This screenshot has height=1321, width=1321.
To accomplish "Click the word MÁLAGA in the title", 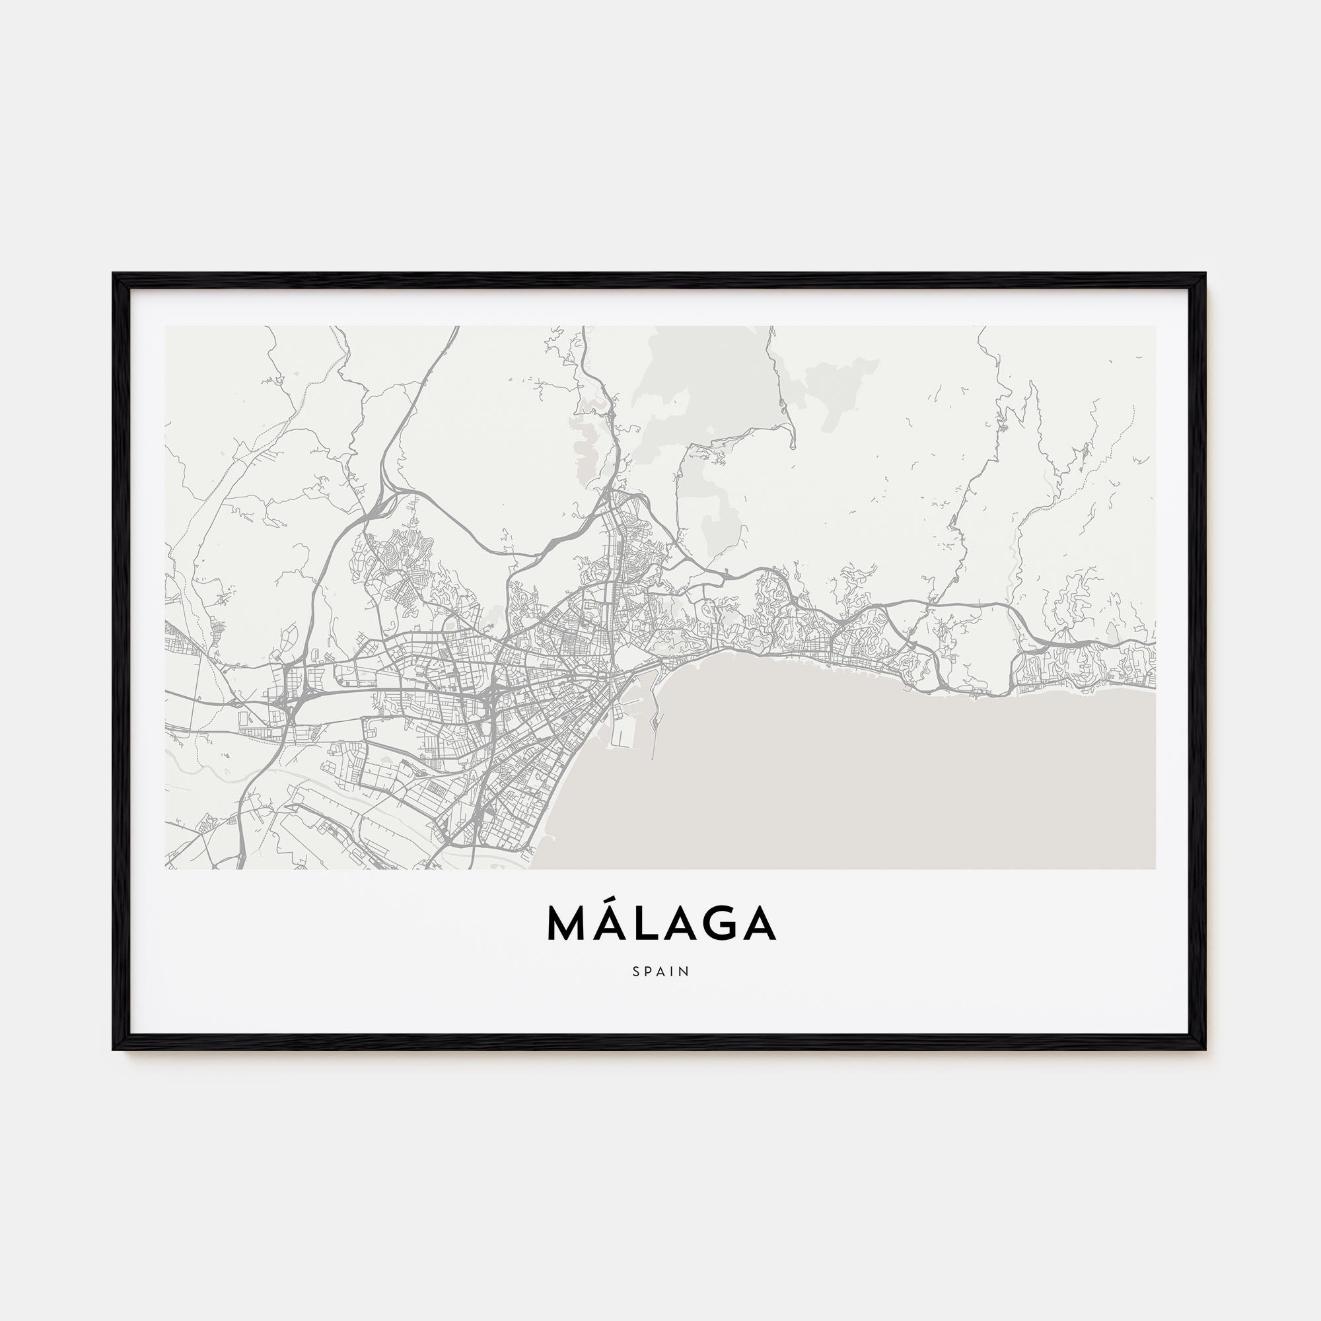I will pos(661,925).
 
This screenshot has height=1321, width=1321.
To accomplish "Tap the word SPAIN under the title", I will pos(661,972).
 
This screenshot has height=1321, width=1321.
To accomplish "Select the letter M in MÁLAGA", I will pos(569,925).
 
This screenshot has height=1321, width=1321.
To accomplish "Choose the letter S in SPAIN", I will pos(637,972).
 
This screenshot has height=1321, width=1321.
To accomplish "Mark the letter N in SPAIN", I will pos(685,972).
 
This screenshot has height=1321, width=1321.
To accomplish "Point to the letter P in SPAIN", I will pos(649,972).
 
